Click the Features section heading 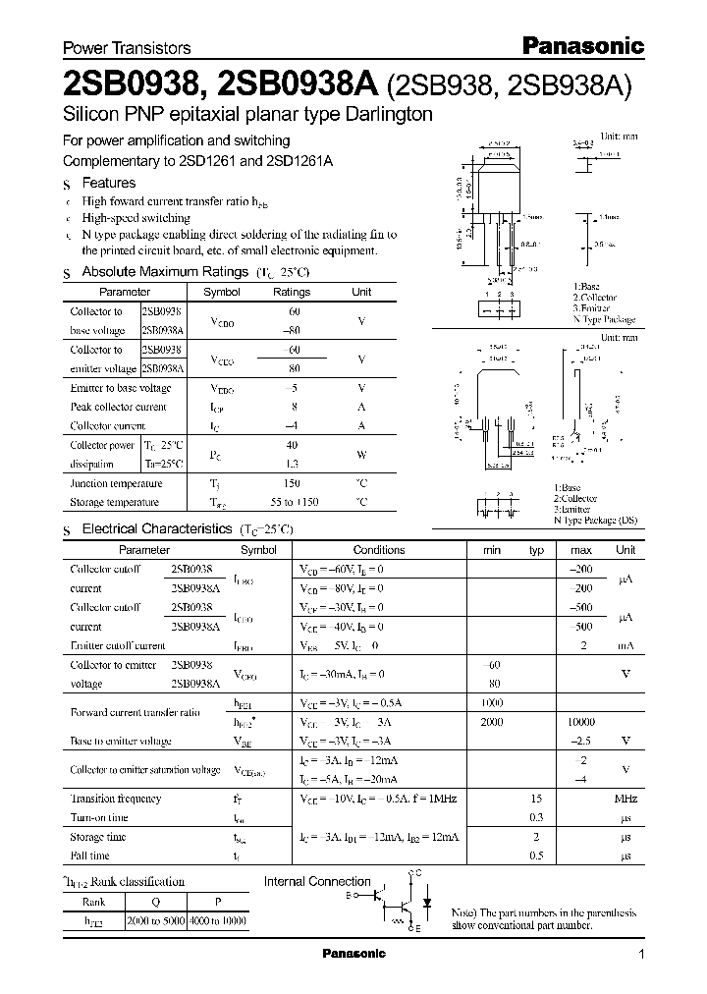(108, 183)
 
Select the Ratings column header (291, 292)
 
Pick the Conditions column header (379, 550)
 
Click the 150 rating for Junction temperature (291, 483)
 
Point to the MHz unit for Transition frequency (625, 800)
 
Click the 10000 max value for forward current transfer (580, 722)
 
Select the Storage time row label (99, 837)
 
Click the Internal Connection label (317, 881)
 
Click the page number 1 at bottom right (641, 954)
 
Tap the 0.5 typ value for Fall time (536, 856)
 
